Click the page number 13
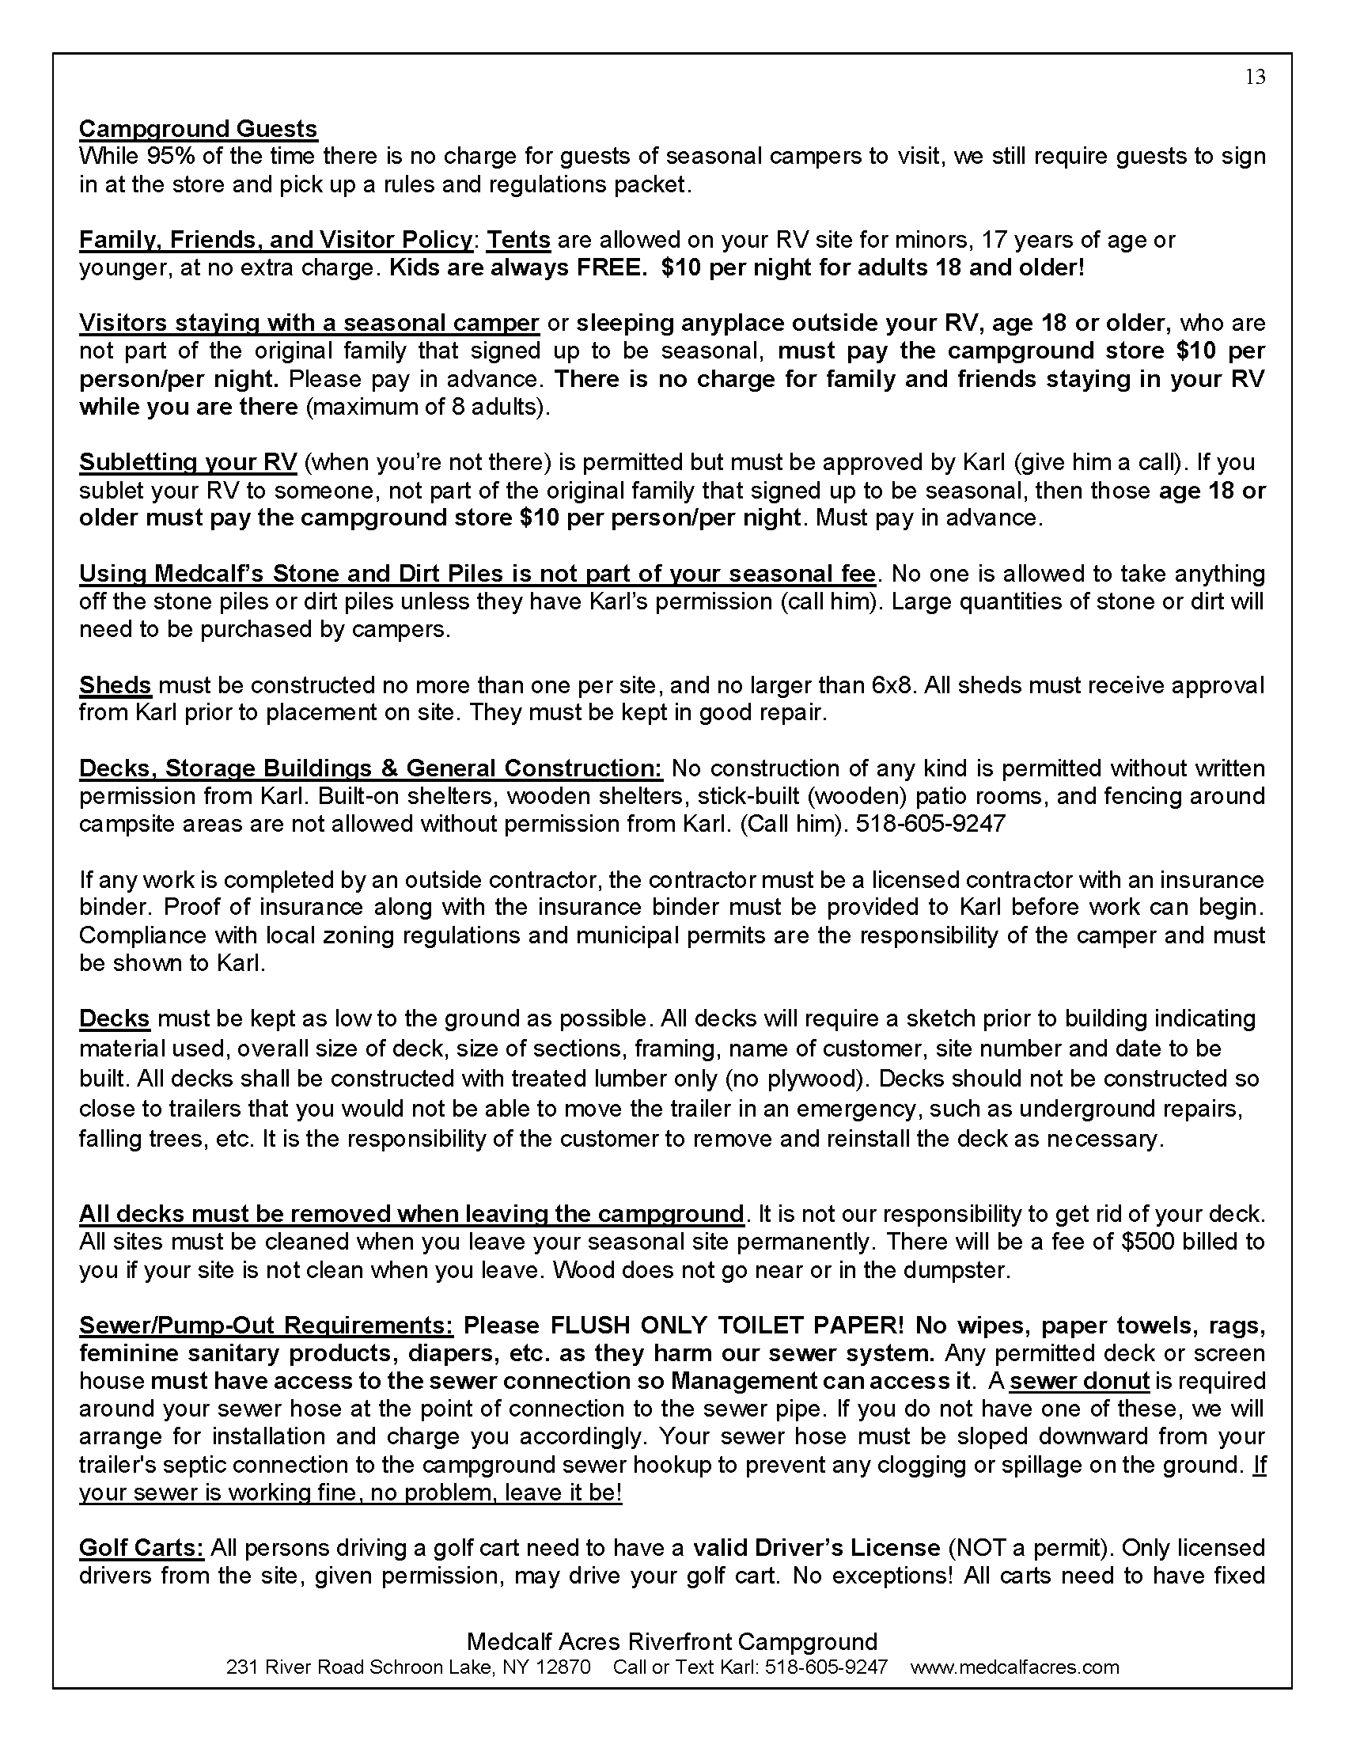point(1255,77)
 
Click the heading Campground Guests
point(198,129)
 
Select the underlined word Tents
point(519,240)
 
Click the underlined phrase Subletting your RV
point(188,462)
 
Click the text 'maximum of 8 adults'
point(428,407)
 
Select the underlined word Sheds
point(115,685)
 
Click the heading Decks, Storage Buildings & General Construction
point(370,768)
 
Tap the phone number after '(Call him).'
point(930,824)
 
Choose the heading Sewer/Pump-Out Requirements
point(266,1326)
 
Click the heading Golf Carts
point(142,1548)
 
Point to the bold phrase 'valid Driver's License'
point(816,1548)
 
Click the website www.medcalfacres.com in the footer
point(1014,1667)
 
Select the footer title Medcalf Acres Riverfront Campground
point(672,1641)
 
